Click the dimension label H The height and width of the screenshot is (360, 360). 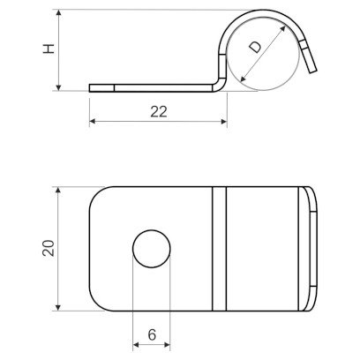click(49, 49)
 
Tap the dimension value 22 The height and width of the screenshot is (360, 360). click(159, 112)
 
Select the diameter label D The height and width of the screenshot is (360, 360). click(255, 47)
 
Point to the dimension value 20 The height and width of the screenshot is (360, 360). click(49, 249)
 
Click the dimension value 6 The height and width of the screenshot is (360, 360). click(152, 334)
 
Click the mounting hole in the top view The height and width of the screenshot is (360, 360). click(152, 249)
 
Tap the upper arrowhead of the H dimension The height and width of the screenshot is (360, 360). click(59, 12)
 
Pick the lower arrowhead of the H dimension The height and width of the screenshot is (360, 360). click(59, 87)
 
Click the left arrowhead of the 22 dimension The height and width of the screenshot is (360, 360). click(93, 121)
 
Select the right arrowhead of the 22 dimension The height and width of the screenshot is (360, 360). click(224, 121)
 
